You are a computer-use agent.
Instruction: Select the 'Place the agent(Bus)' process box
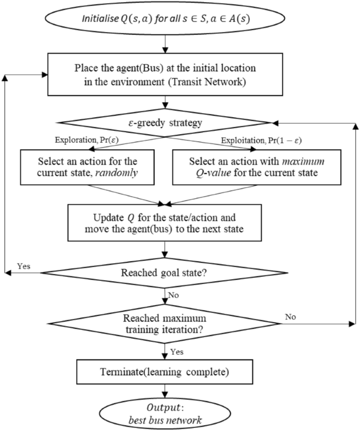167,74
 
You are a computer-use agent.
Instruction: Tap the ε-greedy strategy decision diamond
167,123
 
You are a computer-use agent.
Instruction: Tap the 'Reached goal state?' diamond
167,273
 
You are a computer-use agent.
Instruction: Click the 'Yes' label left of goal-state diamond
23,266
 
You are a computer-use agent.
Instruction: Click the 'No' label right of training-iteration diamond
290,317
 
